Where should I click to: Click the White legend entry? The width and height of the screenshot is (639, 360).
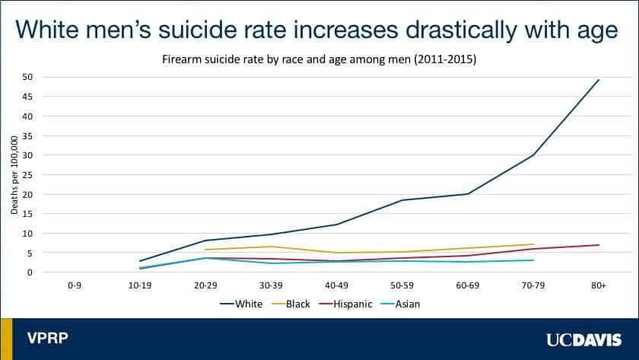(241, 304)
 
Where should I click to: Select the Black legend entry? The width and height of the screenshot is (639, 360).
(295, 304)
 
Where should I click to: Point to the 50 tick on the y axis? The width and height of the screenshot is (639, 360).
(28, 77)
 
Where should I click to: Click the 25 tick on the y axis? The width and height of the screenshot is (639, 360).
(28, 174)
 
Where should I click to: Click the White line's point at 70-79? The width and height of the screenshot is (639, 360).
(533, 155)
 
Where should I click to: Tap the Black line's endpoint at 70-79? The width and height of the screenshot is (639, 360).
(533, 244)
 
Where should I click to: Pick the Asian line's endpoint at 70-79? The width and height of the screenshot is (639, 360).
(533, 260)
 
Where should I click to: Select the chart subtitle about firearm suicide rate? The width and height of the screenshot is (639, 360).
(319, 59)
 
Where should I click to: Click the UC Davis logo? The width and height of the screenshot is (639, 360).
(580, 339)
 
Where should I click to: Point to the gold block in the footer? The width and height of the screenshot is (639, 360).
(6, 339)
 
